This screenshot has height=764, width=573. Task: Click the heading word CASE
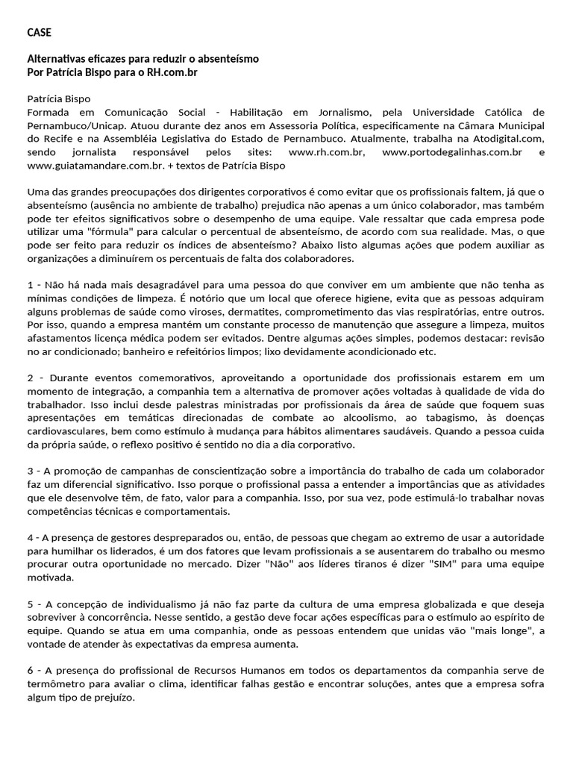(40, 32)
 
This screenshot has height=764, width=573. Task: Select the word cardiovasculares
(69, 431)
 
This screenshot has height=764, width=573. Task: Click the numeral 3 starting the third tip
(31, 472)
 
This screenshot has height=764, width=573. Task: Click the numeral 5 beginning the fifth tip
(31, 604)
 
